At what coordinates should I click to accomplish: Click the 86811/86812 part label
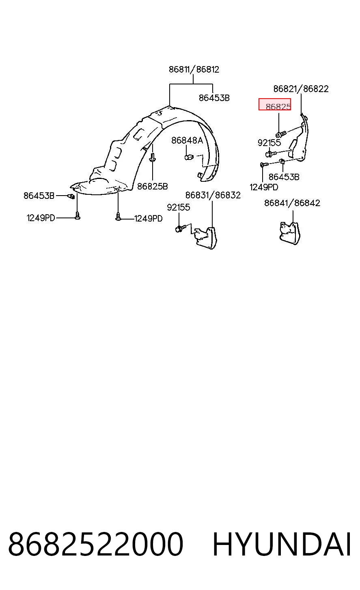pyautogui.click(x=194, y=69)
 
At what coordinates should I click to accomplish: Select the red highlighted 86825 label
pyautogui.click(x=275, y=104)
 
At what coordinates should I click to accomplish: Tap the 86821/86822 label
pyautogui.click(x=301, y=89)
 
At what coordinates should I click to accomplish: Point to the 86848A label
pyautogui.click(x=187, y=140)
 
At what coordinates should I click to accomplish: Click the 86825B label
pyautogui.click(x=152, y=186)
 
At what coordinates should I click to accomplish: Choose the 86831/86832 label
pyautogui.click(x=213, y=195)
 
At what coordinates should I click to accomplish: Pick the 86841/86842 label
pyautogui.click(x=292, y=203)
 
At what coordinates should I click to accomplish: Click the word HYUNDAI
pyautogui.click(x=281, y=545)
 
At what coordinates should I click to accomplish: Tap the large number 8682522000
pyautogui.click(x=95, y=545)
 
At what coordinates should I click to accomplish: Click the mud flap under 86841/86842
pyautogui.click(x=290, y=233)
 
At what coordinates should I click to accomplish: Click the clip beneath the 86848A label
pyautogui.click(x=189, y=157)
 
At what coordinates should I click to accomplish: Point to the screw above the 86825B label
pyautogui.click(x=152, y=158)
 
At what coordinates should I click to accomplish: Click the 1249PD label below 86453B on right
pyautogui.click(x=263, y=187)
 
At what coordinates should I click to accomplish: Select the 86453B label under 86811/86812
pyautogui.click(x=214, y=98)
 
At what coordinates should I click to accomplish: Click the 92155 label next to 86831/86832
pyautogui.click(x=179, y=207)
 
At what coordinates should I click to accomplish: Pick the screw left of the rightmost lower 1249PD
pyautogui.click(x=119, y=217)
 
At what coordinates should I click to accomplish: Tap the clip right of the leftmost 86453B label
pyautogui.click(x=71, y=196)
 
